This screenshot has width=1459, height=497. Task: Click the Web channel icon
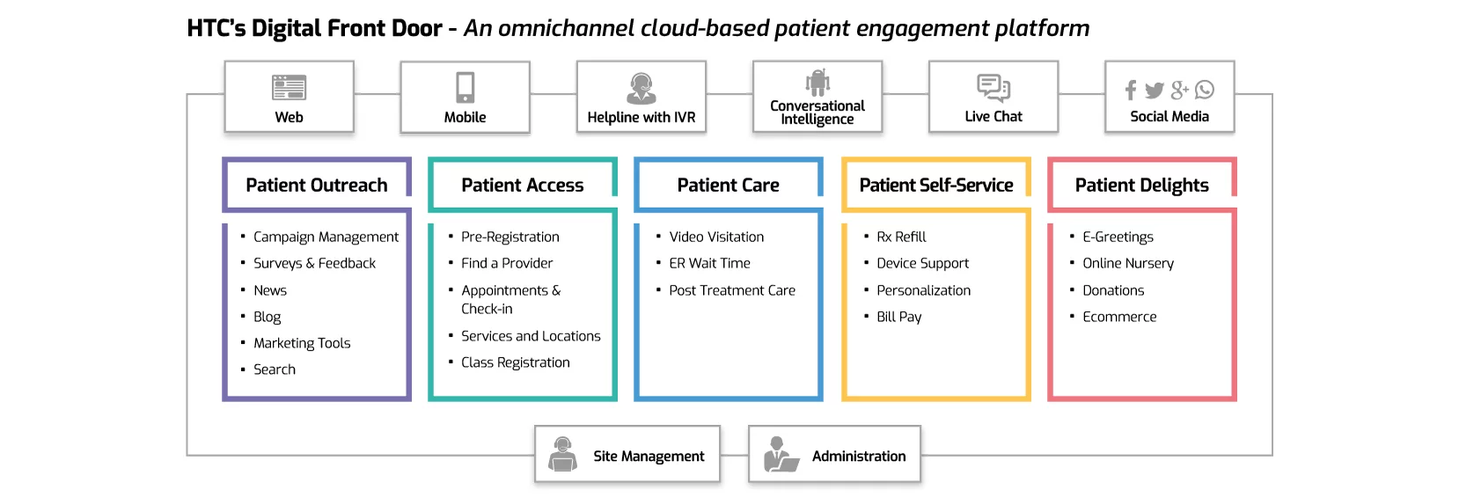click(x=289, y=87)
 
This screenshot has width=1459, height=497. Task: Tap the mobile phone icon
click(x=465, y=87)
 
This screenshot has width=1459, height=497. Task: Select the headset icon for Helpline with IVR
click(x=641, y=88)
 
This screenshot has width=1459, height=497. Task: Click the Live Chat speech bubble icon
click(x=993, y=88)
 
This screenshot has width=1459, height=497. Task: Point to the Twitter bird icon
click(x=1155, y=90)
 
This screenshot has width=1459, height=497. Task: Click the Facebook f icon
click(x=1131, y=90)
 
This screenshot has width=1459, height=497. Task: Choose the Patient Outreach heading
click(x=316, y=185)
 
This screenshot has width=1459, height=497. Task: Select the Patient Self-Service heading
click(x=935, y=185)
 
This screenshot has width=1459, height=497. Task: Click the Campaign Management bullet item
click(x=326, y=237)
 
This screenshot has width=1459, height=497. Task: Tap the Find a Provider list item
click(x=507, y=263)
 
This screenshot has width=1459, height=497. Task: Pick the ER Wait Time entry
click(x=709, y=263)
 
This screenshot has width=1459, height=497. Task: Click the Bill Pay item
click(x=898, y=317)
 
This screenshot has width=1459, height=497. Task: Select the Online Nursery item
click(x=1128, y=263)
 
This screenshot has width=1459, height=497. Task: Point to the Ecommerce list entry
click(x=1119, y=317)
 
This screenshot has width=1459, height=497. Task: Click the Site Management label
click(x=649, y=456)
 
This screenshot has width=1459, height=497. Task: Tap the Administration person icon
click(x=779, y=455)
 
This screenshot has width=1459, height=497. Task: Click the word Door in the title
click(x=416, y=28)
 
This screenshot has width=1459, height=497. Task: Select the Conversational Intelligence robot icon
click(x=817, y=83)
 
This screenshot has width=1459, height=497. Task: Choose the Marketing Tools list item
click(x=302, y=343)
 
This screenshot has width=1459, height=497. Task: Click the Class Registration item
click(x=515, y=362)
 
